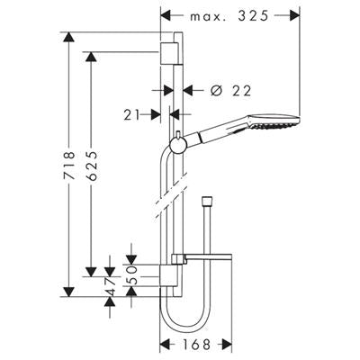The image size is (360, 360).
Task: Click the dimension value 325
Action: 253,16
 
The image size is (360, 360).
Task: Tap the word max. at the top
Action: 208,17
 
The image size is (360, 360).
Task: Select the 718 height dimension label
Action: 69,166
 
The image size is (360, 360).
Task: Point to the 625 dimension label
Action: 92,166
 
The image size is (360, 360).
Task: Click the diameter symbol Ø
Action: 216,90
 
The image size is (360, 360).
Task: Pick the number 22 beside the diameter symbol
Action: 241,91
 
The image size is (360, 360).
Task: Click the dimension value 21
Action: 132,115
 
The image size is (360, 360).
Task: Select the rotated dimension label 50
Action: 131,274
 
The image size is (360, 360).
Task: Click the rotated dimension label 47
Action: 110,287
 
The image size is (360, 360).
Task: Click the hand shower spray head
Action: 273,121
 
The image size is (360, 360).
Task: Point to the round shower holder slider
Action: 178,145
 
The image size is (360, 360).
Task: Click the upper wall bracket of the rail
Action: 171,53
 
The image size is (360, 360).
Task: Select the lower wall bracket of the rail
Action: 169,275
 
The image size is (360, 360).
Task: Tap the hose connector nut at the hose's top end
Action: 207,200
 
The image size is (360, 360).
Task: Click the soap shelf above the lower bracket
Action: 202,258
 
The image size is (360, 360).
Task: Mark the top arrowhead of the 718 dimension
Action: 69,37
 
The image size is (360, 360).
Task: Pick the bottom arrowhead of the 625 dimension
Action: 91,272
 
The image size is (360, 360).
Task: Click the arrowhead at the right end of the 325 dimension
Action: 295,15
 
